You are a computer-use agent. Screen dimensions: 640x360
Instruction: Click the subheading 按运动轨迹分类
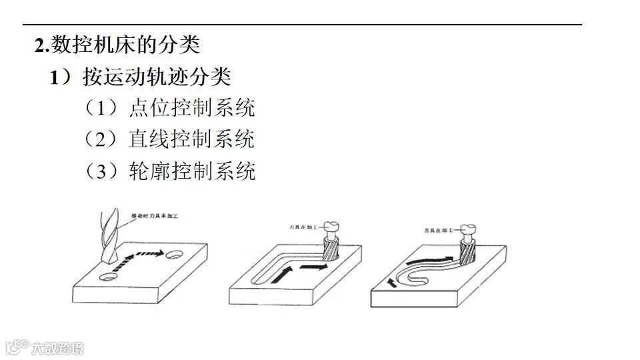click(x=157, y=77)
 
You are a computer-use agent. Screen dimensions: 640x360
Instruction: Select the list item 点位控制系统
click(x=191, y=108)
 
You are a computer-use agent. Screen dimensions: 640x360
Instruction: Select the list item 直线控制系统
click(x=191, y=139)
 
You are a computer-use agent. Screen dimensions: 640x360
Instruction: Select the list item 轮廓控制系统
click(x=191, y=171)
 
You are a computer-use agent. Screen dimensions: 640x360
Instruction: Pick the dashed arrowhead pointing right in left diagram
click(x=160, y=253)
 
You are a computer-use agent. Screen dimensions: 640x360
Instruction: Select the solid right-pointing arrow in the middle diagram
click(x=314, y=266)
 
